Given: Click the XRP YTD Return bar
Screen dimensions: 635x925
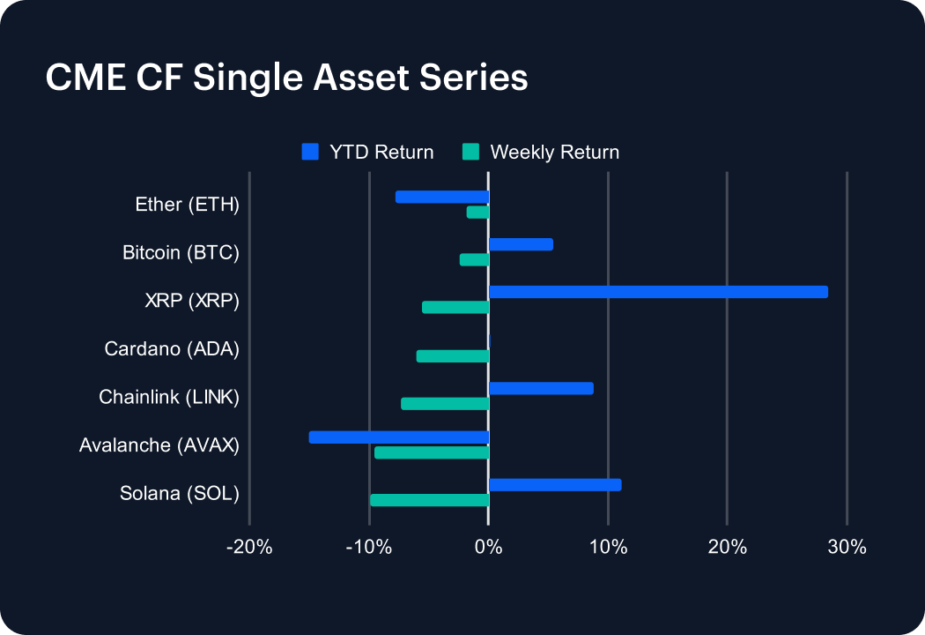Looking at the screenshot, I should [658, 292].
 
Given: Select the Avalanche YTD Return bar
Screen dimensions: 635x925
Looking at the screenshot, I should [399, 437].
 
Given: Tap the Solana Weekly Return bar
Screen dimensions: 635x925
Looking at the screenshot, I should [430, 500].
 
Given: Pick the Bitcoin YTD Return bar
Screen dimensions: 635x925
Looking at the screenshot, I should [521, 244].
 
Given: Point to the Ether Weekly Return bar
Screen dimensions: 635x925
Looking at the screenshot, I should [477, 213].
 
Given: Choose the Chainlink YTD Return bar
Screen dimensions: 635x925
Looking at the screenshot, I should [541, 388].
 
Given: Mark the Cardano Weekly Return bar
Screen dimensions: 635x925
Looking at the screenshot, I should [453, 356].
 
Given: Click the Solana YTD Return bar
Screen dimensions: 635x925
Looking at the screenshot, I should [555, 484].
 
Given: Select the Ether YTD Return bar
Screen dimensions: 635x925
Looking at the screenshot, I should [442, 197].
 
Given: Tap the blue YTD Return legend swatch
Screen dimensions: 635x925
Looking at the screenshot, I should [310, 152].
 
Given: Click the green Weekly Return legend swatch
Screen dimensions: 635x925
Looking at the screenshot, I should [471, 152].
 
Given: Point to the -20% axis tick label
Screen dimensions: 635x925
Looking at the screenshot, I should [249, 547].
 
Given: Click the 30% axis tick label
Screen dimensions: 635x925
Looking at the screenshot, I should [847, 547].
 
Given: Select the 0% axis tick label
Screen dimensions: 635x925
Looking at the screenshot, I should [488, 547].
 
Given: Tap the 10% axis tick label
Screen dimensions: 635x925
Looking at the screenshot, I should [608, 547].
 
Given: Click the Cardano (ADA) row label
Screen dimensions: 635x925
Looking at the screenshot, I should [172, 348].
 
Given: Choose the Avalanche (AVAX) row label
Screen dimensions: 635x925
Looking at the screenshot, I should [159, 444].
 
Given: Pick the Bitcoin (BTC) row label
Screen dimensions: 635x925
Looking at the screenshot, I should [181, 253].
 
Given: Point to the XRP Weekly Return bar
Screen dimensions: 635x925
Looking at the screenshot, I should [455, 308].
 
